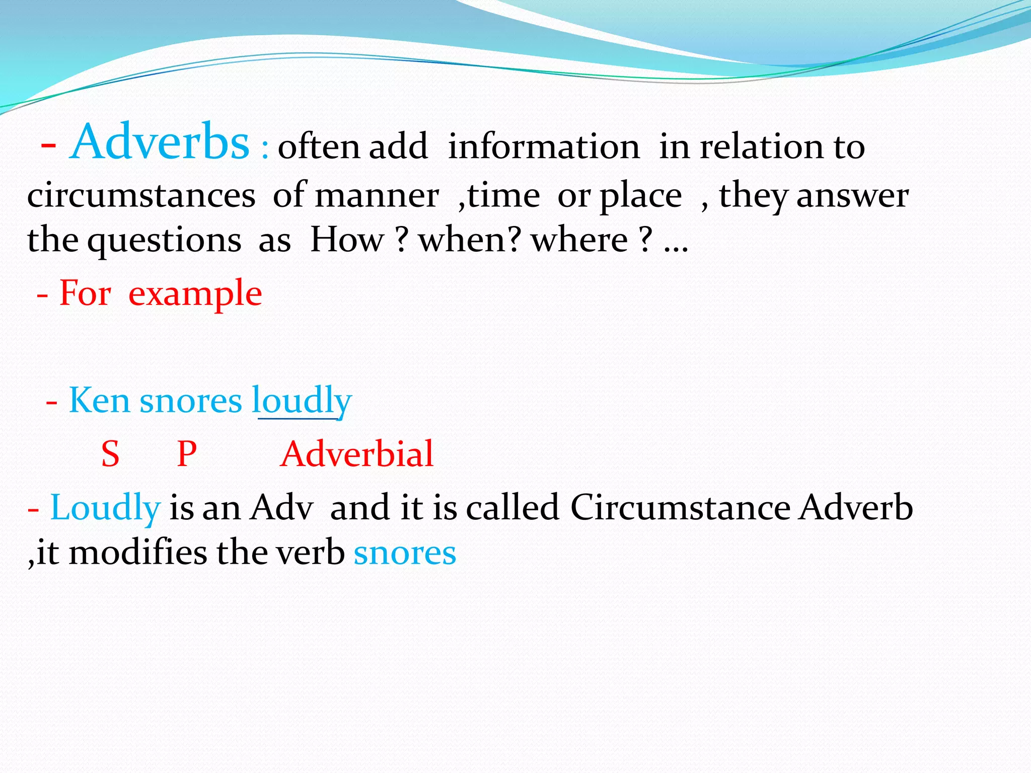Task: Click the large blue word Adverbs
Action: pyautogui.click(x=160, y=142)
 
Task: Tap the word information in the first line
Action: pyautogui.click(x=544, y=147)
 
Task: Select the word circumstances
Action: pyautogui.click(x=141, y=196)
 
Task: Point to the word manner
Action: pyautogui.click(x=377, y=196)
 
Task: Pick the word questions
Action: pyautogui.click(x=164, y=241)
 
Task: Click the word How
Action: pyautogui.click(x=347, y=240)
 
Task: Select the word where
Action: pyautogui.click(x=579, y=240)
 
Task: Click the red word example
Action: pyautogui.click(x=195, y=294)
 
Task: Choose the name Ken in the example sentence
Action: pyautogui.click(x=99, y=401)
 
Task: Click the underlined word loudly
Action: pyautogui.click(x=302, y=402)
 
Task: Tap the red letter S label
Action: pyautogui.click(x=110, y=454)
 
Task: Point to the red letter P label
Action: pyautogui.click(x=187, y=454)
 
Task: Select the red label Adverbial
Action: pyautogui.click(x=356, y=454)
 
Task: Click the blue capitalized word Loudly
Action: pyautogui.click(x=105, y=508)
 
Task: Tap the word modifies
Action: pyautogui.click(x=137, y=553)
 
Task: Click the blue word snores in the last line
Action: pyautogui.click(x=405, y=553)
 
